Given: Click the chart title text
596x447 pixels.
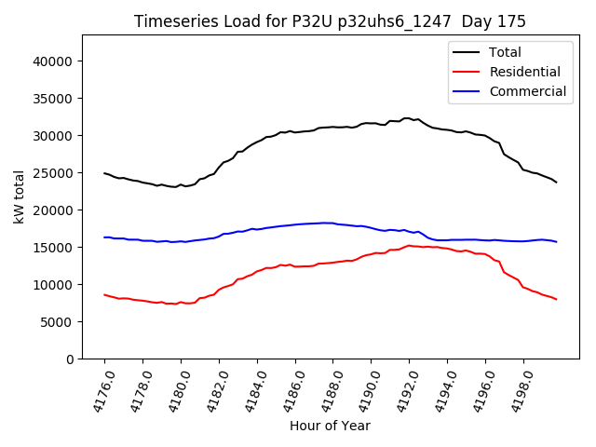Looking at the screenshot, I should (x=330, y=21).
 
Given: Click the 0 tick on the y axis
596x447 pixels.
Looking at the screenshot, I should (x=69, y=359).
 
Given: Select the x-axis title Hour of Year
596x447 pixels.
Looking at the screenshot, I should (x=330, y=426).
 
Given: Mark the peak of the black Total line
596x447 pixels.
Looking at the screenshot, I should (x=408, y=118).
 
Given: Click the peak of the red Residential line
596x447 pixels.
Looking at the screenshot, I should (x=409, y=246).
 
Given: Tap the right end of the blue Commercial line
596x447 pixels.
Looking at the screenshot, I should (x=557, y=242).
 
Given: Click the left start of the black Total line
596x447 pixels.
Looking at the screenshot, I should (x=104, y=173).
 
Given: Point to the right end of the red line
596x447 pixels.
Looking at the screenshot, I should (x=557, y=299).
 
